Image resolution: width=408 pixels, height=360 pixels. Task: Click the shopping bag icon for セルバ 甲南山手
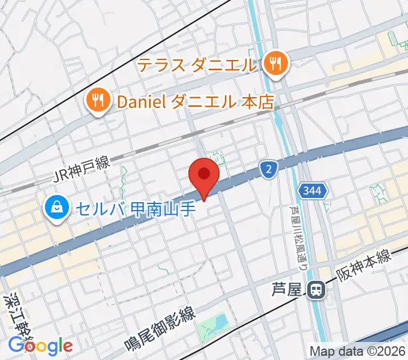click(x=56, y=208)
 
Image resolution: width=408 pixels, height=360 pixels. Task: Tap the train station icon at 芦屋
click(x=316, y=290)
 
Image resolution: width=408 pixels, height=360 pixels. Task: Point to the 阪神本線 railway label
click(x=363, y=265)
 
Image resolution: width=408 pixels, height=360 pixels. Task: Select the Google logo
click(x=40, y=346)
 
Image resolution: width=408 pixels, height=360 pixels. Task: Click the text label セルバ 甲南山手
click(x=129, y=208)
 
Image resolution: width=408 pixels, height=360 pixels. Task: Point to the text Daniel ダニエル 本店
click(x=196, y=101)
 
